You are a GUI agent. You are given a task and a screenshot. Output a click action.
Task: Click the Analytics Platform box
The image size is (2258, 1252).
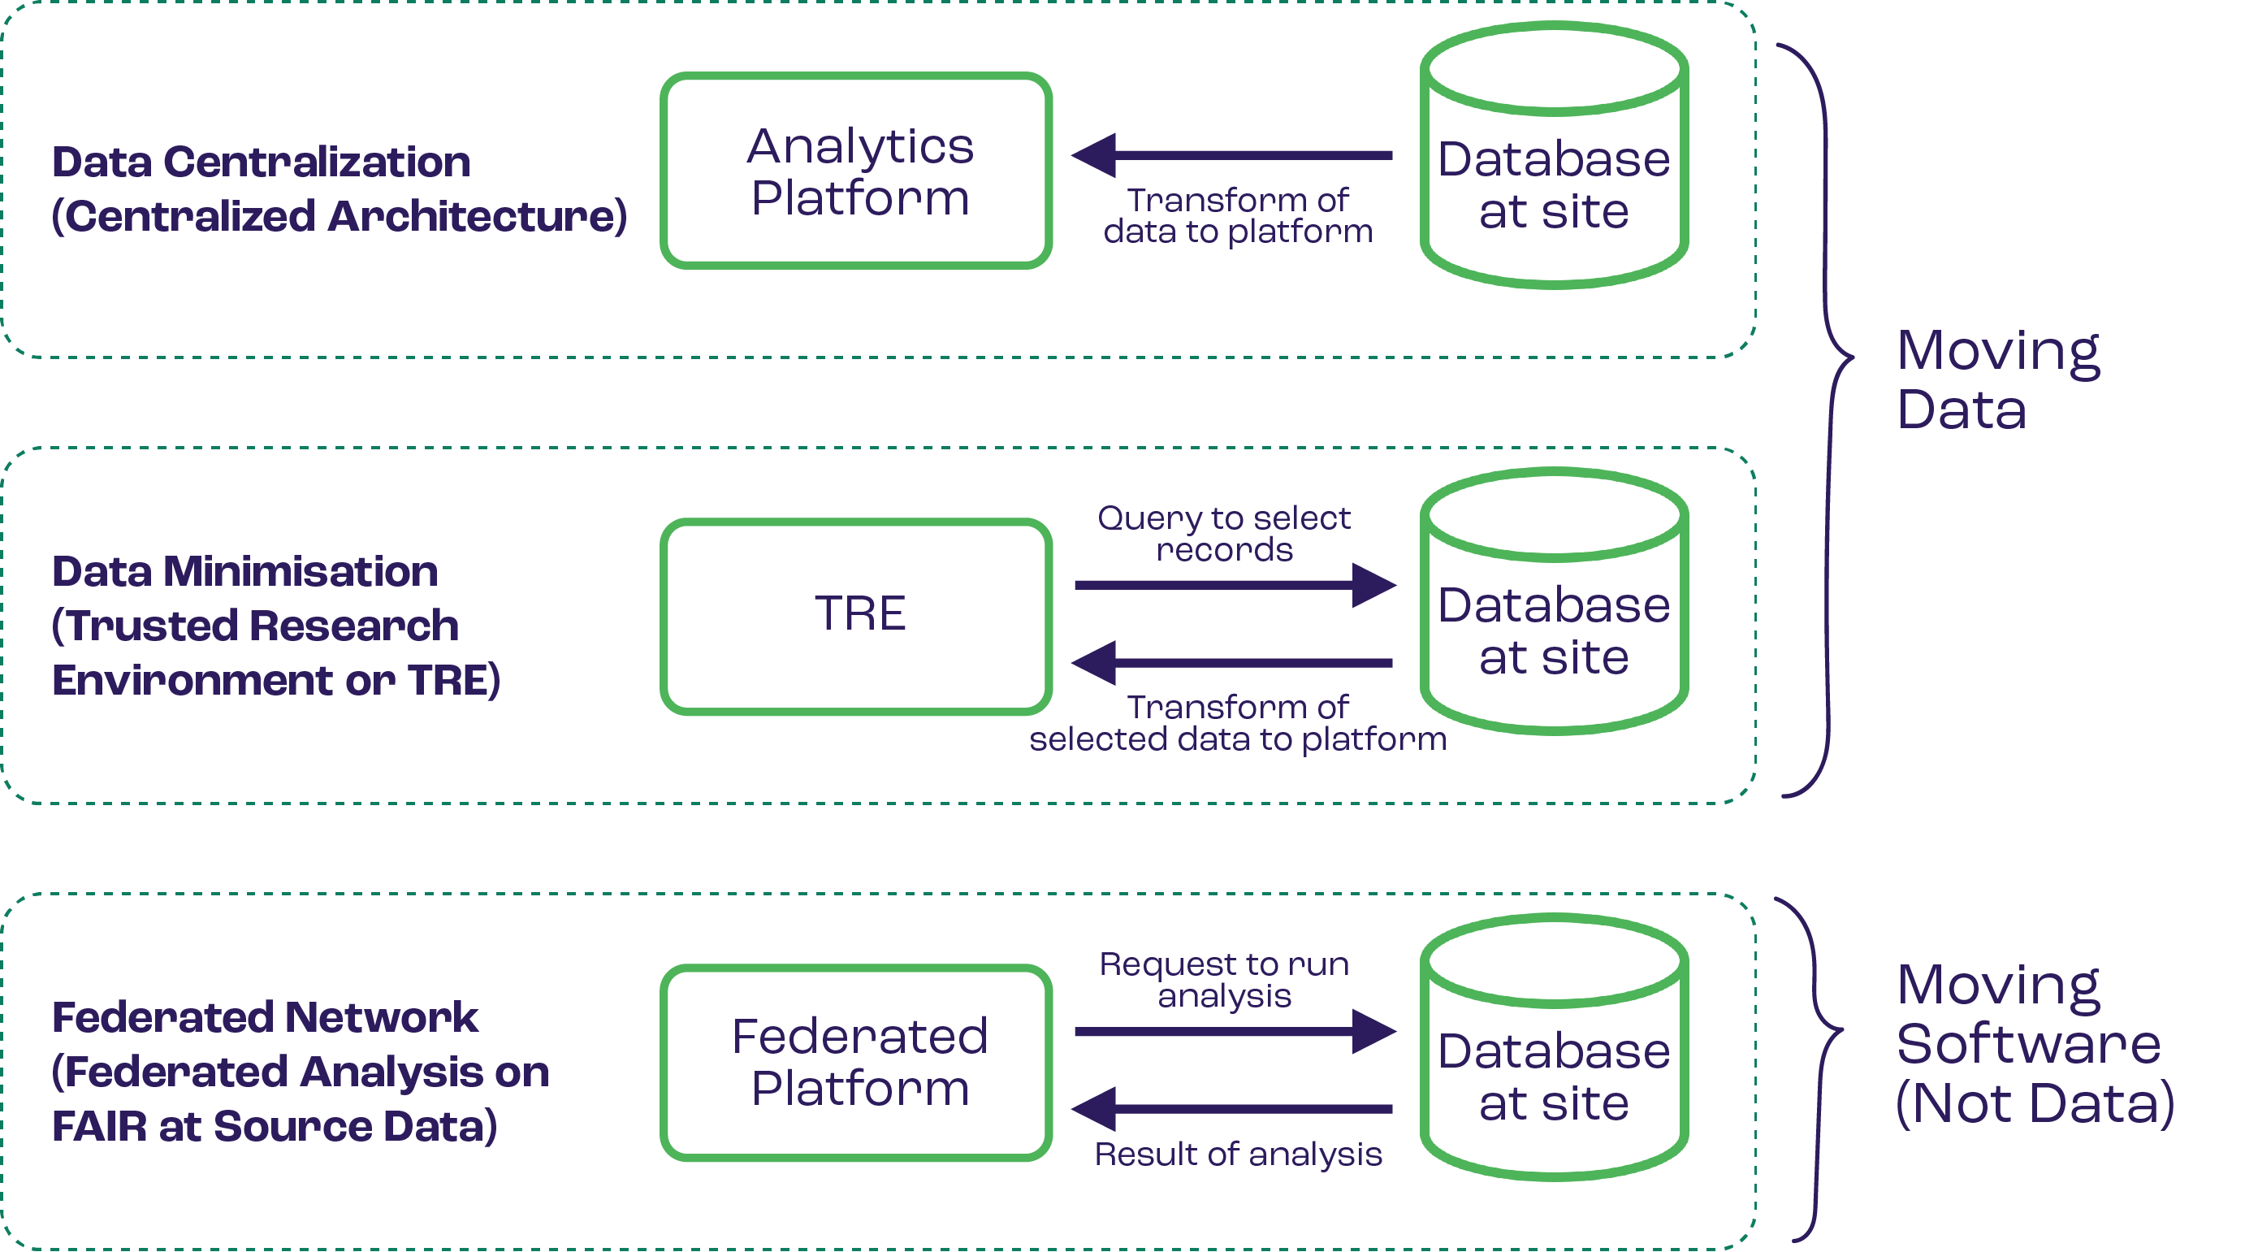[x=855, y=171]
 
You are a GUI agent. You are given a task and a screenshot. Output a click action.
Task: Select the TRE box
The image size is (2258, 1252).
[x=855, y=616]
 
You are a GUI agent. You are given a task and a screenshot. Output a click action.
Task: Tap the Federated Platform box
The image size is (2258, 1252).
[x=855, y=1062]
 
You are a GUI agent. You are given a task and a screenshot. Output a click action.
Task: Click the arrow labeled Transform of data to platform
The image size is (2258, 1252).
[x=1231, y=155]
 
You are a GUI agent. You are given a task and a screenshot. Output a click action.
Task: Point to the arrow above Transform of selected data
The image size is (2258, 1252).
[x=1231, y=663]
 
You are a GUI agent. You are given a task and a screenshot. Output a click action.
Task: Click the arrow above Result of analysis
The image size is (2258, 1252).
[x=1231, y=1109]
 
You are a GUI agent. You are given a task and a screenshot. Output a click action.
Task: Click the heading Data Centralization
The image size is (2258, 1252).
[x=262, y=162]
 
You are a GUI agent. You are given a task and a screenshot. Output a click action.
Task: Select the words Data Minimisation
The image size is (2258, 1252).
[x=244, y=572]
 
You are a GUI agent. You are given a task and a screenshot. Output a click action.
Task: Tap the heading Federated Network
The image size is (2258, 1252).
[x=265, y=1018]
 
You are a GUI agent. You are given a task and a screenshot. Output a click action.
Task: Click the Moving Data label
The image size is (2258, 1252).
[x=1996, y=379]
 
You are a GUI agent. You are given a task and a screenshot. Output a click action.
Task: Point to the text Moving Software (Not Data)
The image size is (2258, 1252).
[x=2034, y=1043]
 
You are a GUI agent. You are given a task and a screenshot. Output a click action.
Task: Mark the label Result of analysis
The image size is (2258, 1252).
[x=1238, y=1155]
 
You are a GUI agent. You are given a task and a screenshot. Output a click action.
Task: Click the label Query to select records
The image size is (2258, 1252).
[x=1224, y=533]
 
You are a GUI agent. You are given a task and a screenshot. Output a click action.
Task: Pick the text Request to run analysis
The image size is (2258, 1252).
[x=1224, y=979]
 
